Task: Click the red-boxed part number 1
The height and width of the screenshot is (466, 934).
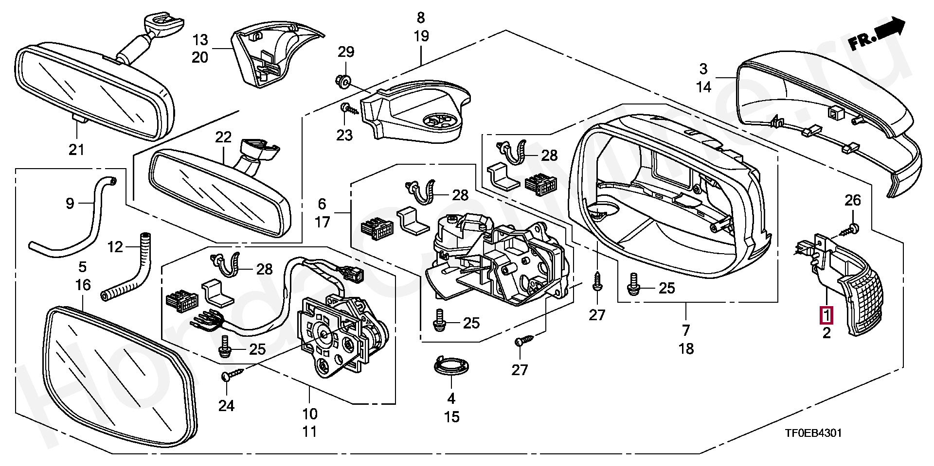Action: pos(826,315)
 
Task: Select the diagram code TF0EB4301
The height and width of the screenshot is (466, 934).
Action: pos(812,433)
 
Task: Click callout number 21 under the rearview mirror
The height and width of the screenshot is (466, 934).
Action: pos(76,150)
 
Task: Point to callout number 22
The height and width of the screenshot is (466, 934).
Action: pos(223,138)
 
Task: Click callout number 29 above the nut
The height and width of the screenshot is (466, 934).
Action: pos(346,52)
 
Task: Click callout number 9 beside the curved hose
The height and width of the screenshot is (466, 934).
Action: pos(70,203)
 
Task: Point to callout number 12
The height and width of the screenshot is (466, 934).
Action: pos(115,247)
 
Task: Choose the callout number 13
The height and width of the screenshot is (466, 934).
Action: pos(199,40)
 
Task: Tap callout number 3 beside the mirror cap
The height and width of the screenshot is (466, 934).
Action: pos(704,69)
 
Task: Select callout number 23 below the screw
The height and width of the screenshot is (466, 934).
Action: pos(344,135)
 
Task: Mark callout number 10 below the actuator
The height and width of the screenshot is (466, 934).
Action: pos(310,414)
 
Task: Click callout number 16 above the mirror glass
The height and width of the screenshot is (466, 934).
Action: pos(83,285)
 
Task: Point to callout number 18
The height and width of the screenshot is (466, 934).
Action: pos(686,348)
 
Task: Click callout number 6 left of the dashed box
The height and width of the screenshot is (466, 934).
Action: pos(322,204)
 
